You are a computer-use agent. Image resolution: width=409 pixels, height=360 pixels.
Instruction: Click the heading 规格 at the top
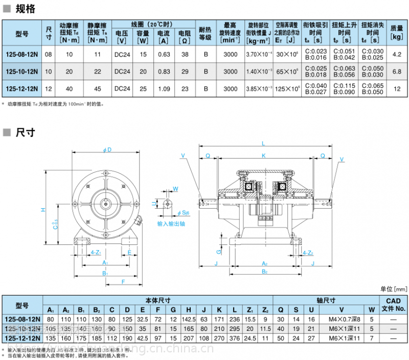(x=25, y=9)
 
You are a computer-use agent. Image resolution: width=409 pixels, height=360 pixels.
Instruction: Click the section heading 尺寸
(x=25, y=132)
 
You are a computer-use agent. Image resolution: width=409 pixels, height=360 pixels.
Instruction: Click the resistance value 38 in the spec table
(x=185, y=54)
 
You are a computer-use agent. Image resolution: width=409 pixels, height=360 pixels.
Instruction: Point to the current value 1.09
(x=164, y=88)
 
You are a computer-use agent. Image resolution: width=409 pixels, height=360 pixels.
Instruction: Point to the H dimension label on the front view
(x=43, y=210)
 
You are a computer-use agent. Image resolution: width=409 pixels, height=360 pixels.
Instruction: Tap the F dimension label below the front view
(x=123, y=281)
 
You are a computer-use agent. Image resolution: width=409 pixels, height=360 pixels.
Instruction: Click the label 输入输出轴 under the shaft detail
(x=171, y=224)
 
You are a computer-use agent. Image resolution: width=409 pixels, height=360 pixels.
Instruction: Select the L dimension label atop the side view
(x=264, y=143)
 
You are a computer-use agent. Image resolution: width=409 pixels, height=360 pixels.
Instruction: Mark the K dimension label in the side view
(x=264, y=155)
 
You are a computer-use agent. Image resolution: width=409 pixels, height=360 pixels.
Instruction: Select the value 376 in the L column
(x=235, y=338)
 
